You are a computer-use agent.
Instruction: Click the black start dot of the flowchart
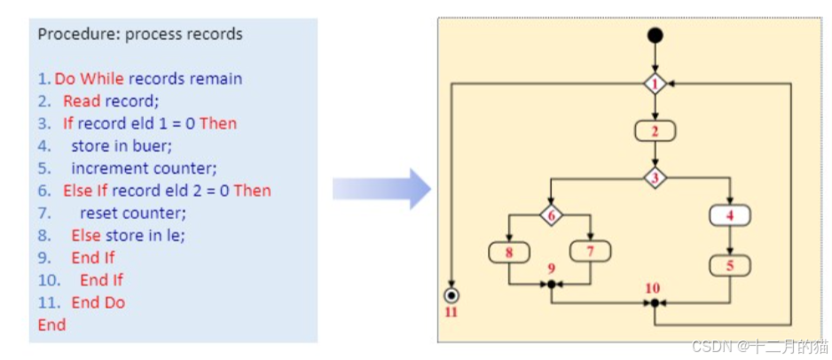coord(655,35)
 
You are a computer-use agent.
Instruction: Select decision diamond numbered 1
coord(655,84)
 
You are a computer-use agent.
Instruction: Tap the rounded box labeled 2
coord(655,132)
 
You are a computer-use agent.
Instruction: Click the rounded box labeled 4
coord(730,215)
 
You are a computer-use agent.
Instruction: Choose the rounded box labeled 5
coord(730,265)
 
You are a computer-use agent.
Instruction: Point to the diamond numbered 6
coord(550,215)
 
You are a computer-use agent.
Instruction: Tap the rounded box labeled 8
coord(509,252)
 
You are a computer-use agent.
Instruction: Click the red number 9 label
coord(551,268)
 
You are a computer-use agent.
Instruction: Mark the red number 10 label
coord(653,288)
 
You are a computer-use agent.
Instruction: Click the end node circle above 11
coord(452,294)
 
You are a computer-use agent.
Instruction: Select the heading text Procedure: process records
coord(140,34)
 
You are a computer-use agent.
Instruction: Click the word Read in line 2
coord(82,100)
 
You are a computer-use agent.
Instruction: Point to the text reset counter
coord(133,213)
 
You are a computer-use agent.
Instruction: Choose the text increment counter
coord(144,168)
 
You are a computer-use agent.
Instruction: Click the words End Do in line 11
coord(98,302)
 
